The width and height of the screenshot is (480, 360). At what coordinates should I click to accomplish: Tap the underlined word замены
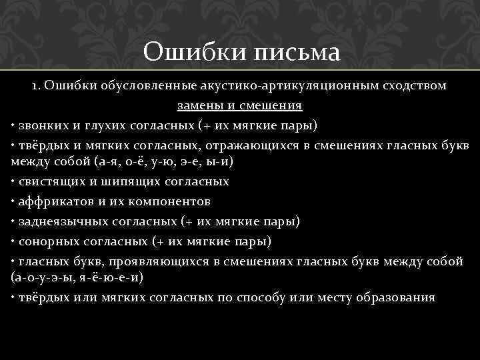(x=199, y=105)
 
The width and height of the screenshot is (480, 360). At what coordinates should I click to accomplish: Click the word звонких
(x=41, y=125)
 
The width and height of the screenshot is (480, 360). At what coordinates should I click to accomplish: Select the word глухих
(x=105, y=125)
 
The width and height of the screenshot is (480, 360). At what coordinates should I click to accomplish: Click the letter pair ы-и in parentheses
(x=225, y=162)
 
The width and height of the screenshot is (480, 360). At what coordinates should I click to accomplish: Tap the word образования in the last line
(x=397, y=297)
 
